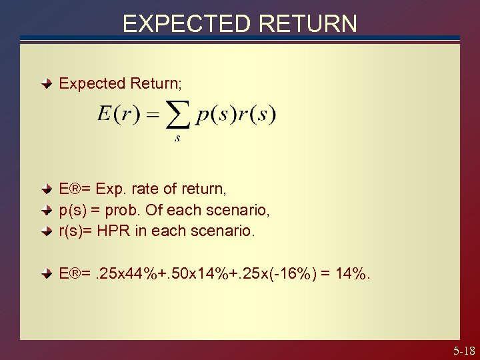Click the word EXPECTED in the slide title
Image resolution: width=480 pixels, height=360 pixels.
point(184,23)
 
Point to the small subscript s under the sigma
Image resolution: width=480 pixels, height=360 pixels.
point(177,139)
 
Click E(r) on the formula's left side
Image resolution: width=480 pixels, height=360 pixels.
point(117,115)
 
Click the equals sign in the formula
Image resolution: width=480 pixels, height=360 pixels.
point(153,116)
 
